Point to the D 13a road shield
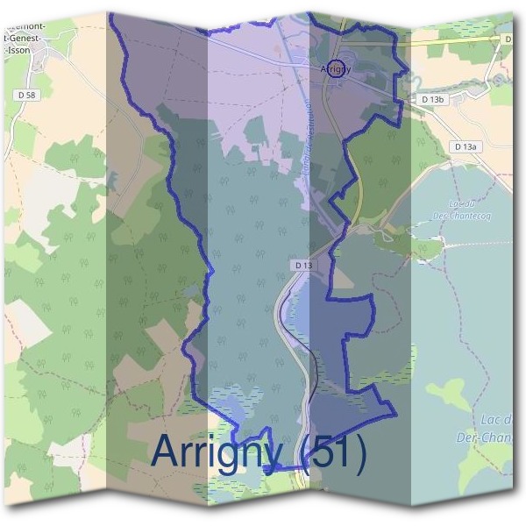465,146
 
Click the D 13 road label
303,265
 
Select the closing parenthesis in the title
360,452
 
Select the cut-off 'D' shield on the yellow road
508,39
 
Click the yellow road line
456,41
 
